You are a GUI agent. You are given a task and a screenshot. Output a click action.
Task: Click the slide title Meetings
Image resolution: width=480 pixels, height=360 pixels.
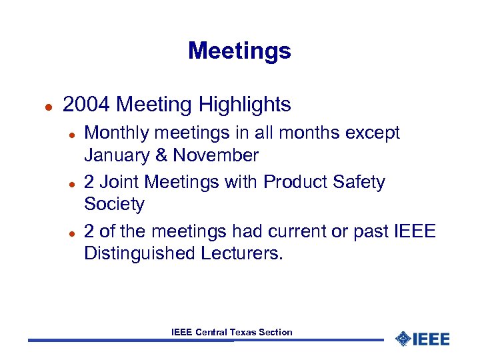(239, 51)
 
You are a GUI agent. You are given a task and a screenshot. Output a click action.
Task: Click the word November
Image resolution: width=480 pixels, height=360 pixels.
(215, 156)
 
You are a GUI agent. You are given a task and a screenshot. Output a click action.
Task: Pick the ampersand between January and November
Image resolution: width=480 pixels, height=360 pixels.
(159, 156)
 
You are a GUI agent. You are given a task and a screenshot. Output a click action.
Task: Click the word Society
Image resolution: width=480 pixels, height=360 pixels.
(114, 204)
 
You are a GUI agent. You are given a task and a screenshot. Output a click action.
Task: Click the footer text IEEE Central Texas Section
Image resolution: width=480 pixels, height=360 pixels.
(231, 332)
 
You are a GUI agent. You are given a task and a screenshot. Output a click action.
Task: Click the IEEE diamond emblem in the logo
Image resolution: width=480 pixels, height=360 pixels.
(403, 339)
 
